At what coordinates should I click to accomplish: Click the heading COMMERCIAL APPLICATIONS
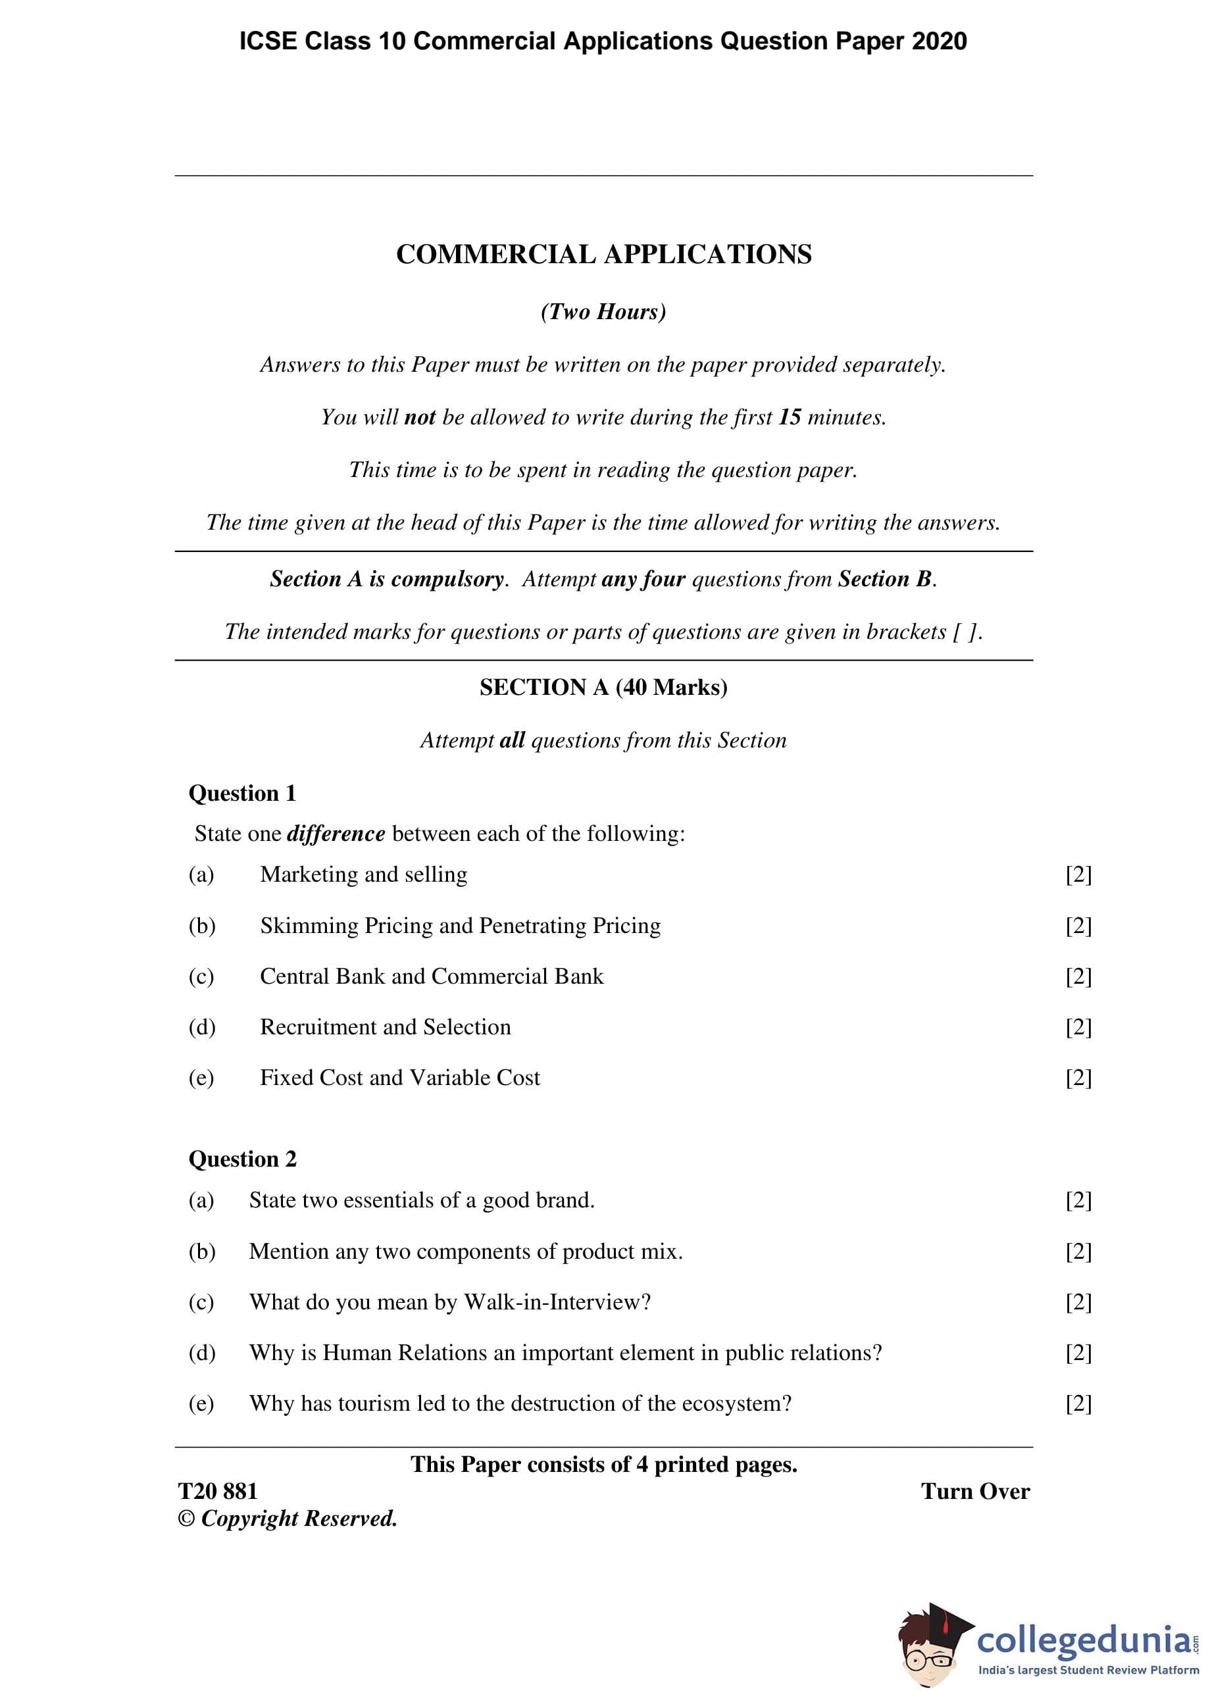(x=603, y=255)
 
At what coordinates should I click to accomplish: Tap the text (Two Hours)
(x=603, y=312)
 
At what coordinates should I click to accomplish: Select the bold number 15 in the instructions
(x=790, y=417)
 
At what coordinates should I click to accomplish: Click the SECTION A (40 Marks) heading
(x=603, y=687)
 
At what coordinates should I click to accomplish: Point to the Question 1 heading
(x=243, y=794)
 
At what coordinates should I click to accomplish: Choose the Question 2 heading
(x=243, y=1159)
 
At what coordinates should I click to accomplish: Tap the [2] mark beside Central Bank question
(x=1078, y=976)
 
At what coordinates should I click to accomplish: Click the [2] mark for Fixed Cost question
(x=1078, y=1078)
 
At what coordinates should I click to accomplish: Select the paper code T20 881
(x=218, y=1491)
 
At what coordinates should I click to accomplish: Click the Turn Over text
(x=974, y=1491)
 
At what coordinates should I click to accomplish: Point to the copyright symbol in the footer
(x=186, y=1519)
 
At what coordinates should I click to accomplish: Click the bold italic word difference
(x=336, y=834)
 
